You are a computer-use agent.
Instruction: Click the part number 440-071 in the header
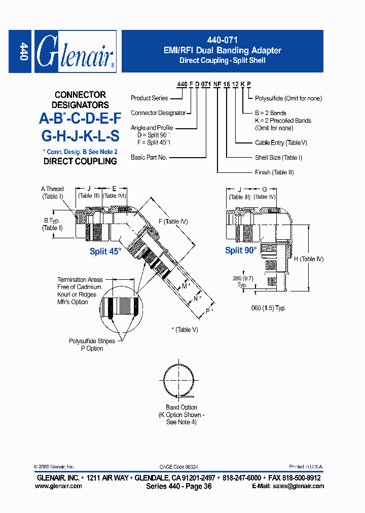pyautogui.click(x=222, y=40)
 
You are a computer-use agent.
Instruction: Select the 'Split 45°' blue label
pyautogui.click(x=105, y=251)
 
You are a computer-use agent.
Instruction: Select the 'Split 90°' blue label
pyautogui.click(x=240, y=250)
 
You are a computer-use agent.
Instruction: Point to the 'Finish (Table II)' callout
pyautogui.click(x=274, y=172)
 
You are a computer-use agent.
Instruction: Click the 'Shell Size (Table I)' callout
pyautogui.click(x=278, y=158)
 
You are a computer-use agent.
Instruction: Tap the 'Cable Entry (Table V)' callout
pyautogui.click(x=281, y=143)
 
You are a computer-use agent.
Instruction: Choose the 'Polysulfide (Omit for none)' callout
pyautogui.click(x=288, y=98)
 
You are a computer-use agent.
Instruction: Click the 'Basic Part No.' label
pyautogui.click(x=149, y=158)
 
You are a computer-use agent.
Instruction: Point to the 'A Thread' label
pyautogui.click(x=52, y=189)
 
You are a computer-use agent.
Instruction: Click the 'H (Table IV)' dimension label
pyautogui.click(x=308, y=259)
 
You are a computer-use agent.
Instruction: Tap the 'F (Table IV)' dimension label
pyautogui.click(x=174, y=221)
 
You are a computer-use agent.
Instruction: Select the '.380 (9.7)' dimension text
pyautogui.click(x=242, y=278)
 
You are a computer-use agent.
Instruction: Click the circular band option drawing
pyautogui.click(x=181, y=381)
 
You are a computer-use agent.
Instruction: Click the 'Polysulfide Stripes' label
pyautogui.click(x=92, y=341)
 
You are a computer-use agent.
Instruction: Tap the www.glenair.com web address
pyautogui.click(x=58, y=486)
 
